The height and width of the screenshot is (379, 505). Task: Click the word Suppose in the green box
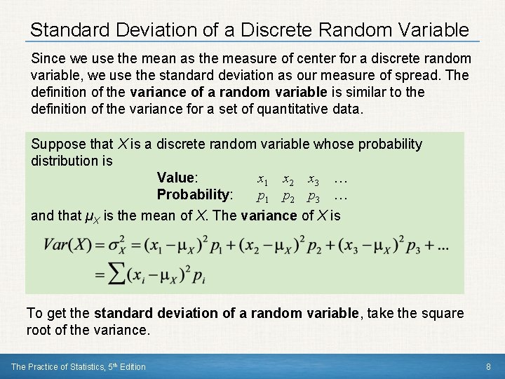(59, 144)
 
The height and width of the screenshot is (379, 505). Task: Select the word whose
(333, 144)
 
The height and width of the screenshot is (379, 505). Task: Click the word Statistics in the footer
(76, 366)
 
